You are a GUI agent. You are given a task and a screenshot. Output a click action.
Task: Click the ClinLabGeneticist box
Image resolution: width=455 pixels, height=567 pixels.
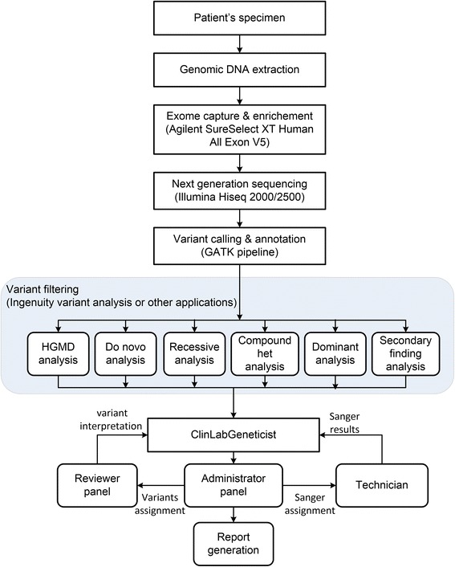233,434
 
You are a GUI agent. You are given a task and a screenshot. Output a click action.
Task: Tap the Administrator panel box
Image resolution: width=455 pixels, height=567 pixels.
233,487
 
